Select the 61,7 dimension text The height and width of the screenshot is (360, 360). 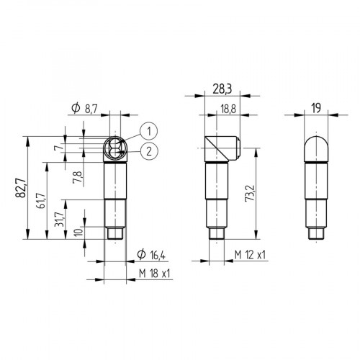click(41, 199)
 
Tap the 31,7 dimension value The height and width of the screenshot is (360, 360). click(60, 217)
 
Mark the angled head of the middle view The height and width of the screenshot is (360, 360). click(220, 148)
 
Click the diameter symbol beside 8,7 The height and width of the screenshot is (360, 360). click(76, 108)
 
